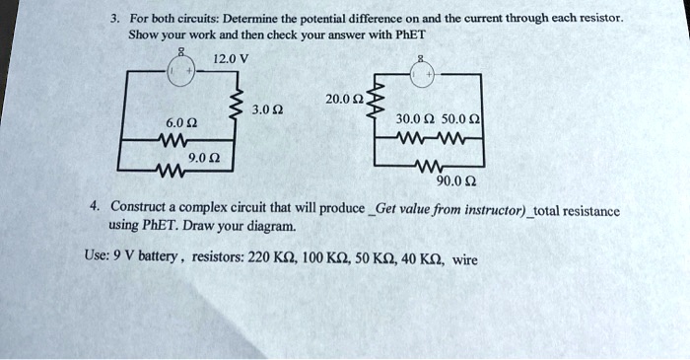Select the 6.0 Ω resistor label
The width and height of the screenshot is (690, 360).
click(178, 121)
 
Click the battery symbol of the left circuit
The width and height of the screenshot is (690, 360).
click(180, 72)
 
